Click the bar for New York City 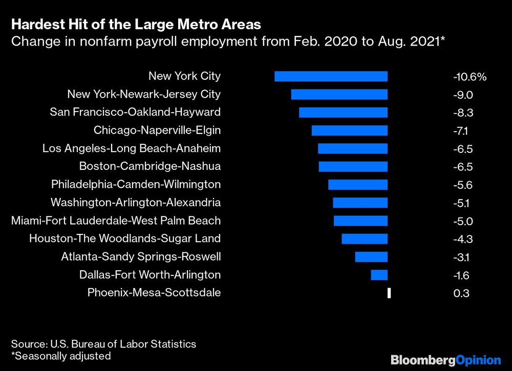tap(331, 76)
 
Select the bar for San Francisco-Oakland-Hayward tap(343, 113)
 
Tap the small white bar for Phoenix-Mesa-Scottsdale tap(389, 293)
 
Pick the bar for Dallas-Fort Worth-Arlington tap(379, 275)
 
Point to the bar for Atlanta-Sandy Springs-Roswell tap(371, 257)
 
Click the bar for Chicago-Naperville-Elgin tap(349, 130)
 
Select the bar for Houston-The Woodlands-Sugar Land tap(365, 239)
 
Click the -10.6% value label tap(469, 77)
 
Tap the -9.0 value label tap(462, 95)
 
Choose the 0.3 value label tap(461, 294)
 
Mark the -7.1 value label tap(461, 131)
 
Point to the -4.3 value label tap(462, 239)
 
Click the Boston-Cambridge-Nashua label tap(150, 166)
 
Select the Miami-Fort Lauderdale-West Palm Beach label tap(116, 221)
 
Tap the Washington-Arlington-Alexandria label tap(136, 203)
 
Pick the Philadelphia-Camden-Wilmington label tap(136, 184)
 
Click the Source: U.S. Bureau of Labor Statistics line tap(103, 344)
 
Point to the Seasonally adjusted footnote tap(61, 356)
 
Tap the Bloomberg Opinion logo tap(445, 360)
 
